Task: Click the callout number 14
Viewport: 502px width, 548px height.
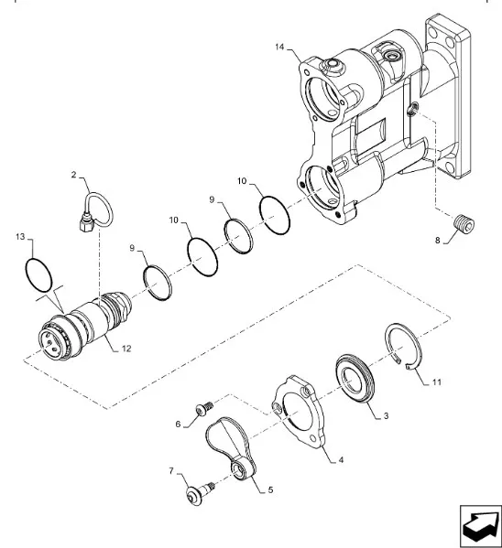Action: (279, 48)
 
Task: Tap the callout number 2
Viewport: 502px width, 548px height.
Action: (73, 175)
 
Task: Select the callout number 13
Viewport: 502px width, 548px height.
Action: (20, 237)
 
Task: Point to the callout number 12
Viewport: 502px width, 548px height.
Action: (126, 349)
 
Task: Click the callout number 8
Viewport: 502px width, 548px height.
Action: (437, 241)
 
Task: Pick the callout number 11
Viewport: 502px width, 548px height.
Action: (437, 382)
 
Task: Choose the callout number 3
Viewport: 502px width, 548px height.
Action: (387, 416)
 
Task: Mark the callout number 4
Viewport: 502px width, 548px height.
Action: (341, 460)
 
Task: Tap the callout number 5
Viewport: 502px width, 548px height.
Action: (270, 490)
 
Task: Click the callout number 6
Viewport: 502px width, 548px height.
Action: (178, 424)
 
